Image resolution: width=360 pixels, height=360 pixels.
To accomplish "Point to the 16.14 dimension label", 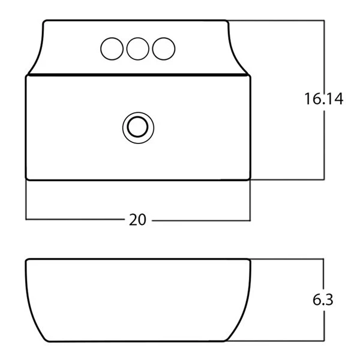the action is click(324, 99).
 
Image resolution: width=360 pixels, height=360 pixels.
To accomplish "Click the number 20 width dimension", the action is click(137, 220).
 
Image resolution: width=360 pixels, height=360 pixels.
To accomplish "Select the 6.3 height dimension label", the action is click(323, 299).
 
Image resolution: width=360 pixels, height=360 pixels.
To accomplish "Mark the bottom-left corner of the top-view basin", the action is click(26, 179).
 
